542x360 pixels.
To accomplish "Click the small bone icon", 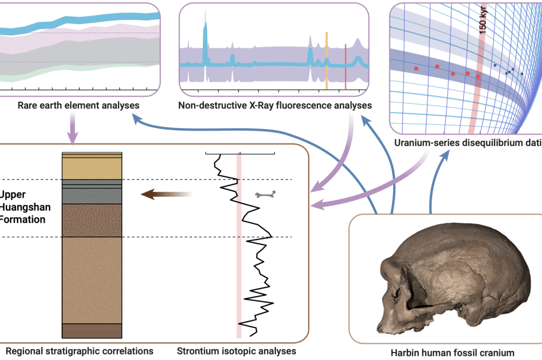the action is (x=266, y=194).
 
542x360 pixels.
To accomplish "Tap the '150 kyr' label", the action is (x=483, y=21).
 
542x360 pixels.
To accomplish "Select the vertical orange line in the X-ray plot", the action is (x=327, y=59).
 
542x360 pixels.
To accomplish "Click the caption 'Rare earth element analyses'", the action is (x=78, y=105).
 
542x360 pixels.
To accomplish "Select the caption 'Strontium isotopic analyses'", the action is (x=236, y=351).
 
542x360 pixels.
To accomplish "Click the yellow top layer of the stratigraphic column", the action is (x=92, y=168).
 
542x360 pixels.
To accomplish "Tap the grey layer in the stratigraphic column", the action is (x=92, y=193).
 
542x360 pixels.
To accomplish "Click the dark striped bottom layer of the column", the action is (x=92, y=331).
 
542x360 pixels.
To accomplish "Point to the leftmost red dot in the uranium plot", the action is (x=416, y=69).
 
